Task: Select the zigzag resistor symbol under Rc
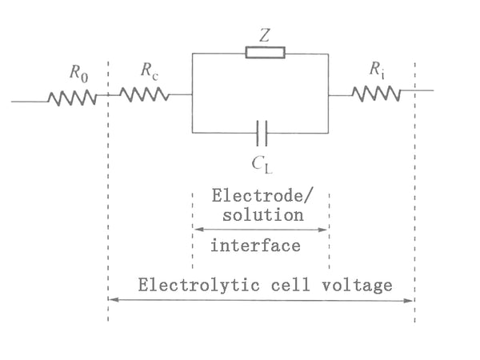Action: click(145, 94)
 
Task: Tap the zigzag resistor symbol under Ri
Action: click(376, 94)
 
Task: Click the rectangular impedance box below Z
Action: click(264, 54)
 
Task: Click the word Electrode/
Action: click(257, 196)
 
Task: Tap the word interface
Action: click(255, 246)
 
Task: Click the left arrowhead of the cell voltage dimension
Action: click(111, 300)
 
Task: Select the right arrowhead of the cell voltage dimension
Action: click(411, 300)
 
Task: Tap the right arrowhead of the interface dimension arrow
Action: click(326, 230)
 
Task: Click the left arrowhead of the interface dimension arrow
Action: click(196, 230)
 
